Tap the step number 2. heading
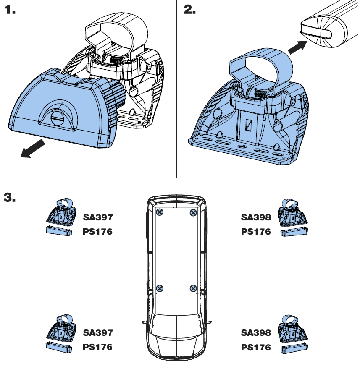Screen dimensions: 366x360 tap(190, 10)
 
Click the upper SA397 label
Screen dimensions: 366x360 tap(97, 217)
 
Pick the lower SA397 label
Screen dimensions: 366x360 tap(97, 333)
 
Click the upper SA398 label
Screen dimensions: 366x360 tap(256, 217)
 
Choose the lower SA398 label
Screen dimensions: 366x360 tap(256, 333)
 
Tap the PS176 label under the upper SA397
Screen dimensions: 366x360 tap(97, 231)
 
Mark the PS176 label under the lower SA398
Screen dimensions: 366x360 tap(256, 347)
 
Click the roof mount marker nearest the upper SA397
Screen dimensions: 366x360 tap(160, 213)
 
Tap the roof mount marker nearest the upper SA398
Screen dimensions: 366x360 tap(193, 213)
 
